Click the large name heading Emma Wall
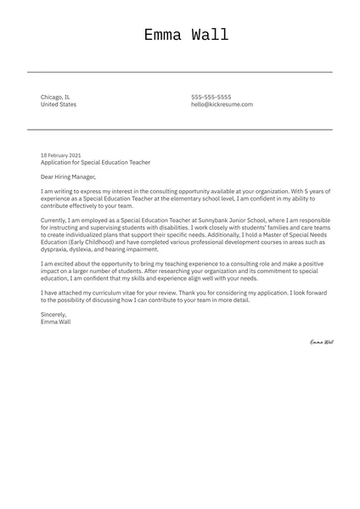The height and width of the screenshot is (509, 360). tap(185, 35)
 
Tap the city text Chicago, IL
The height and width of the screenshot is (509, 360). tap(56, 97)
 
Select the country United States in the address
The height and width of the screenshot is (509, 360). tap(59, 104)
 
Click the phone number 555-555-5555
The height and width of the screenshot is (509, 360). tap(211, 97)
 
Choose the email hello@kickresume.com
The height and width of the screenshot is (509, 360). tap(222, 104)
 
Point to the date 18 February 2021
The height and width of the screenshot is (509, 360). tap(61, 155)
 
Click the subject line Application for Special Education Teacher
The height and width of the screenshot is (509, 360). tap(95, 162)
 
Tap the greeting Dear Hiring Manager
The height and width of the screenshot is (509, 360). tap(69, 177)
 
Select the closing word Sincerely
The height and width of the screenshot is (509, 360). tap(53, 314)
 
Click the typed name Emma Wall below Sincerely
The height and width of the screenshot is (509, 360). tap(56, 322)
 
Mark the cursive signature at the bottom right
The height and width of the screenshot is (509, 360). tap(321, 342)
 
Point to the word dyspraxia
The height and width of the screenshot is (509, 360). tap(56, 249)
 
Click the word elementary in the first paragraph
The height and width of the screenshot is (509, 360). tap(176, 199)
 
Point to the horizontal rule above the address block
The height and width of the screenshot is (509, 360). tap(180, 72)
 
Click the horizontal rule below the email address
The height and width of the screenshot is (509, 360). tap(180, 129)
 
